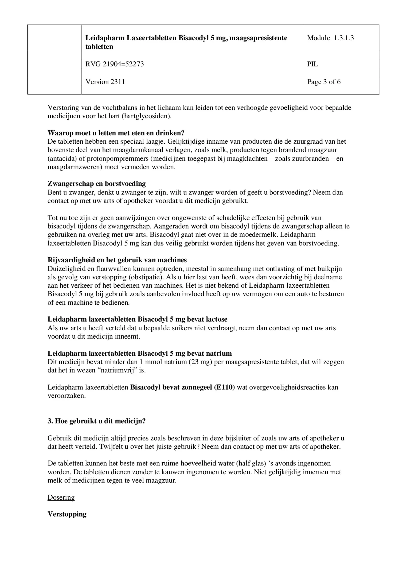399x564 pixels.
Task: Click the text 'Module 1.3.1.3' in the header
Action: tap(330, 38)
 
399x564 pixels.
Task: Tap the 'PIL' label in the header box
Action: tap(312, 64)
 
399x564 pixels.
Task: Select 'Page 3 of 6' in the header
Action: tap(324, 82)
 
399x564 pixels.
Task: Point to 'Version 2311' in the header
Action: tap(105, 82)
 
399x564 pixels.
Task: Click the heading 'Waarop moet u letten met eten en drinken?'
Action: tap(116, 133)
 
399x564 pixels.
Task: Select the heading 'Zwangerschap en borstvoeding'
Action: tap(97, 184)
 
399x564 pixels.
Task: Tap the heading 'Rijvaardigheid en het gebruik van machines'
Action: tap(117, 260)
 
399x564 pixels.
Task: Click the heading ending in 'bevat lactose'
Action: tap(137, 319)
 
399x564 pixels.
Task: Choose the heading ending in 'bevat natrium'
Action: tap(139, 353)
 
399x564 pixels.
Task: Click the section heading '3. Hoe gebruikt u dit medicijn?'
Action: tap(96, 421)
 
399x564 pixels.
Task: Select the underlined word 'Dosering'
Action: tap(61, 498)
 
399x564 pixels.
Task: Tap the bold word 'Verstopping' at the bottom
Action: tap(67, 514)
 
